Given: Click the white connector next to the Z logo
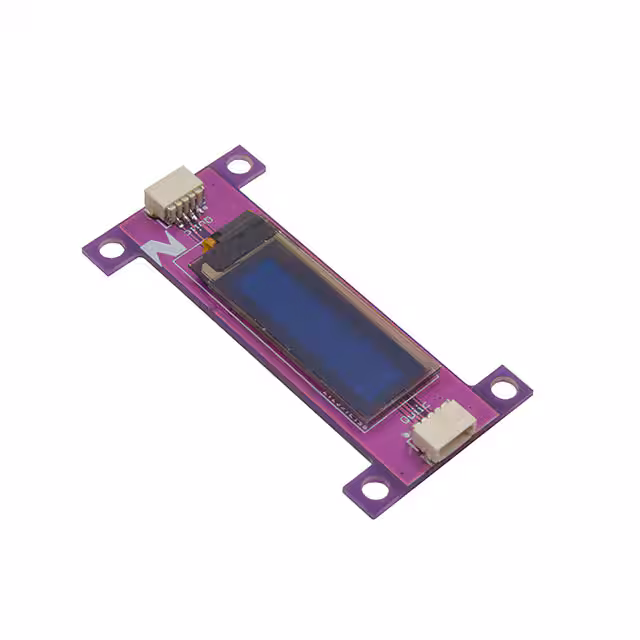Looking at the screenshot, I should pyautogui.click(x=171, y=192).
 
